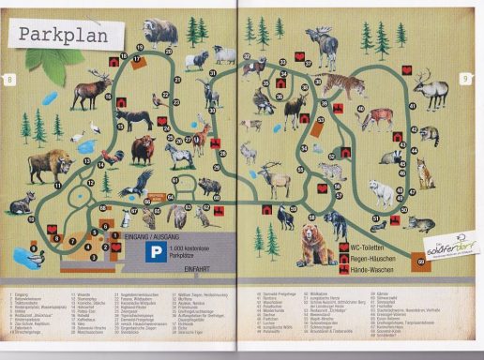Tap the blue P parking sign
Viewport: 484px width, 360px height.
pyautogui.click(x=148, y=251)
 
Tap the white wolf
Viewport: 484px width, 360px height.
pyautogui.click(x=382, y=192)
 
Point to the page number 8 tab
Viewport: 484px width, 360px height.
pyautogui.click(x=9, y=80)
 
